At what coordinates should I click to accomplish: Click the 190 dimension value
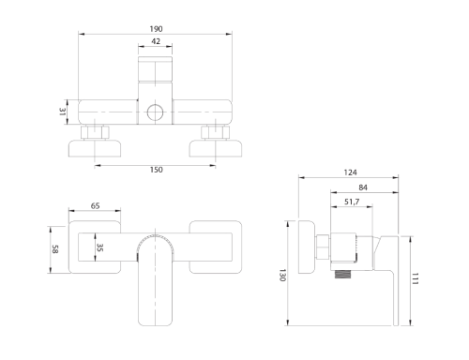pos(156,29)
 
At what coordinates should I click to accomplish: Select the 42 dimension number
pos(156,41)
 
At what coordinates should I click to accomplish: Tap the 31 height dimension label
pos(63,112)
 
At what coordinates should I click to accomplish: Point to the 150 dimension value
pos(157,170)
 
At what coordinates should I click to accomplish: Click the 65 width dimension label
pos(95,206)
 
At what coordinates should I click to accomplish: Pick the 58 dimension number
pos(55,249)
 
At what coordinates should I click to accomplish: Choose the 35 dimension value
pos(99,247)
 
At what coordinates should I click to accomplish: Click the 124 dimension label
pos(350,172)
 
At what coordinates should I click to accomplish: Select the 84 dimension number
pos(363,187)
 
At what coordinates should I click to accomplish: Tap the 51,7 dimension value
pos(352,202)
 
